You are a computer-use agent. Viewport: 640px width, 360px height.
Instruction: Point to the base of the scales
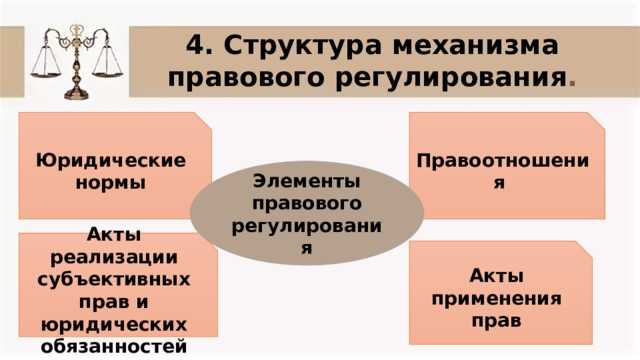tap(77, 94)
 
